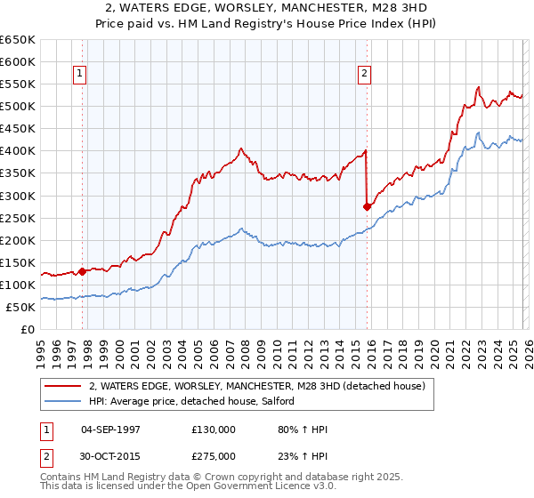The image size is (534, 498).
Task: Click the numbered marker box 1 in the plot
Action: click(80, 75)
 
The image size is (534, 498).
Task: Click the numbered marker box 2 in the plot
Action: click(365, 75)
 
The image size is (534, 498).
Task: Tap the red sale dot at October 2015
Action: click(367, 206)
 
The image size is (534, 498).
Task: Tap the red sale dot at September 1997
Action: click(82, 271)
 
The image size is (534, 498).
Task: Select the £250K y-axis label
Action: click(18, 218)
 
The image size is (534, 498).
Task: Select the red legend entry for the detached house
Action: click(257, 387)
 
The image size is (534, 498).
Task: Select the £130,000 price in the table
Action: click(213, 430)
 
